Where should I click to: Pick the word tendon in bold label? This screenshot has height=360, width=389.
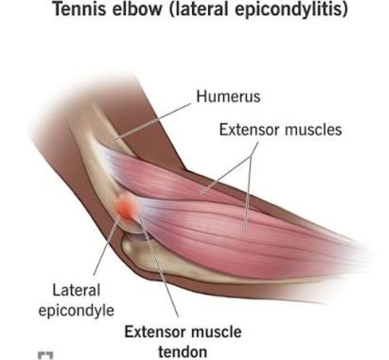coord(182,352)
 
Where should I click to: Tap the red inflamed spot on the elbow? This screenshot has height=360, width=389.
coord(126,208)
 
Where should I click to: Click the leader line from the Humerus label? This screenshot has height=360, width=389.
coord(153,121)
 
